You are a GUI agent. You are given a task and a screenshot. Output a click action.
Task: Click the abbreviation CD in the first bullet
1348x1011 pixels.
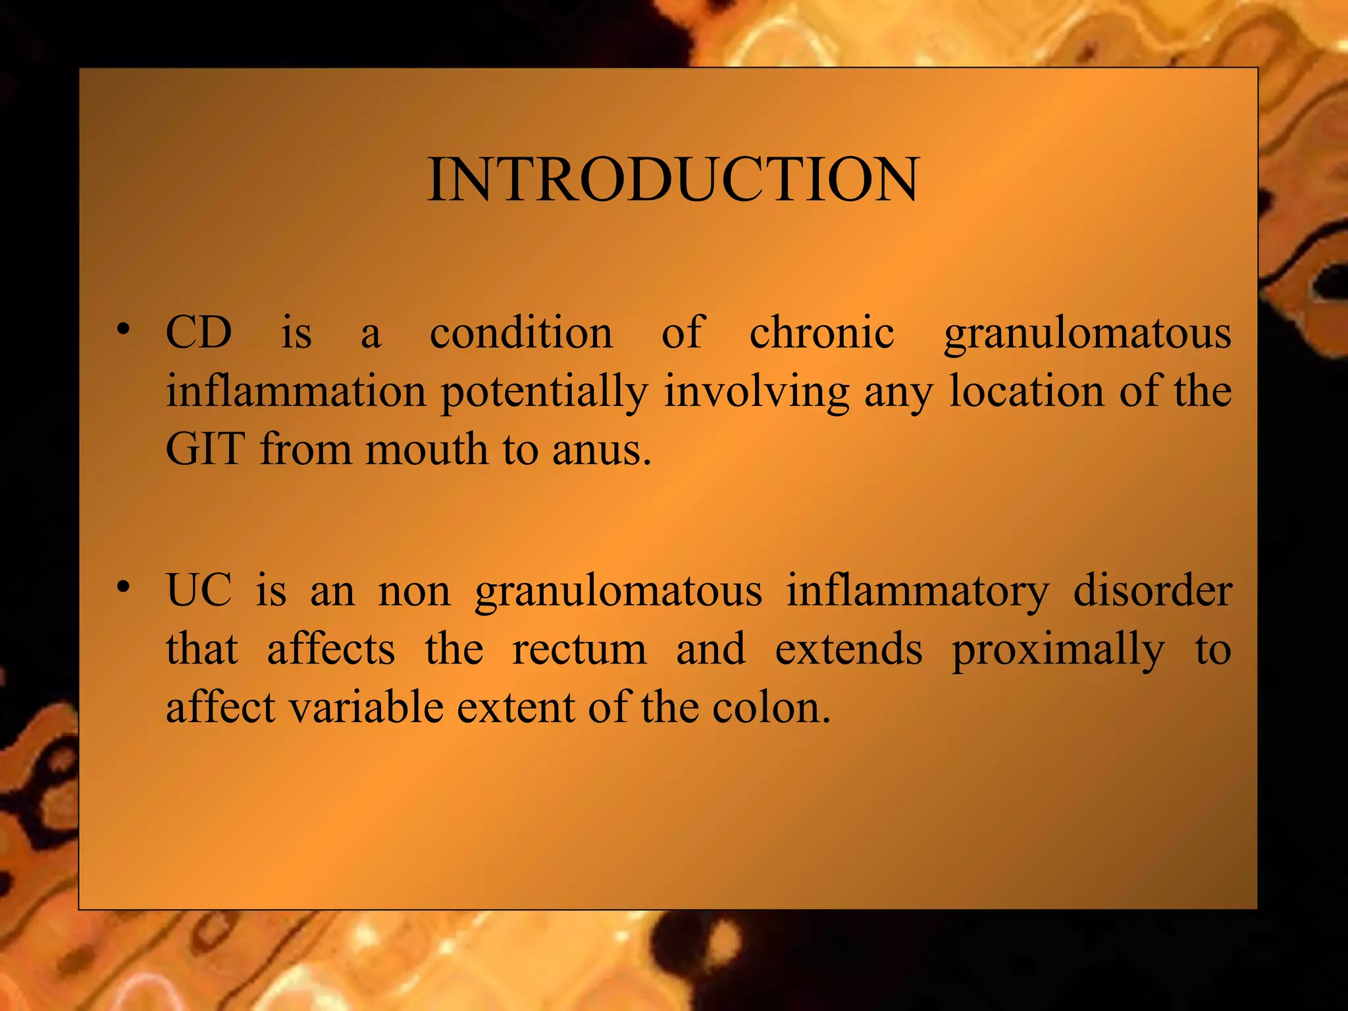[199, 332]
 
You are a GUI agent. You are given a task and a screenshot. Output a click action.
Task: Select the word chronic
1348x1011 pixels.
[821, 332]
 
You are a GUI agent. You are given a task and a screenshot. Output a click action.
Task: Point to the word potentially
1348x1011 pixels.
[544, 393]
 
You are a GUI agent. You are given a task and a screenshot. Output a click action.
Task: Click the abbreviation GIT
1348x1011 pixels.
[205, 450]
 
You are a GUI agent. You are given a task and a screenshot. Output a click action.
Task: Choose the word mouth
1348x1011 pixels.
[427, 450]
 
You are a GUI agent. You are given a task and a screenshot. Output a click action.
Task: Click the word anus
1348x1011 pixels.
[600, 451]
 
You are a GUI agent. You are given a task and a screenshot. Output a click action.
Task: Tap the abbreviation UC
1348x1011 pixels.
[199, 590]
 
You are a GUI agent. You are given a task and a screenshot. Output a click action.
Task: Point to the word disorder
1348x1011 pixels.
[1153, 590]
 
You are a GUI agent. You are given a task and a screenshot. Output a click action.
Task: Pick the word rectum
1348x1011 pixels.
[579, 650]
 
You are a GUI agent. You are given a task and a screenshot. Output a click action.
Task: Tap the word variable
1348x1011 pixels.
[366, 708]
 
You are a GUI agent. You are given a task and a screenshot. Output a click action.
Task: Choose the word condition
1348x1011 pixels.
[521, 332]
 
